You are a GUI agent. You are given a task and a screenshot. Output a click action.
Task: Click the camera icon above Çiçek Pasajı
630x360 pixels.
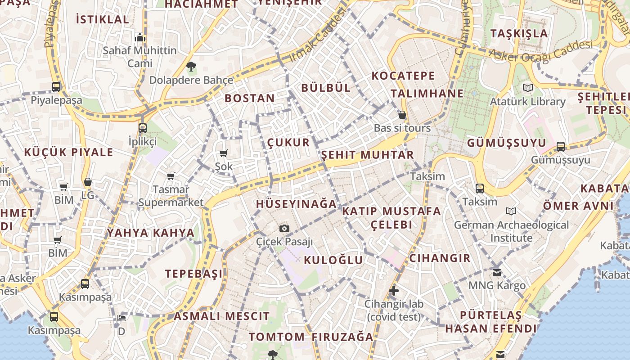(x=284, y=229)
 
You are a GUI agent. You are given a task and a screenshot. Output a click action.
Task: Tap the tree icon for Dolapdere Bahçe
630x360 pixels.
(x=191, y=67)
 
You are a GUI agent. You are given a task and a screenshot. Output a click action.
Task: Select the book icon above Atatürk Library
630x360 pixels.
(x=527, y=88)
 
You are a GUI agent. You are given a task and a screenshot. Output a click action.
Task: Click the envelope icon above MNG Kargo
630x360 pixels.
(x=497, y=272)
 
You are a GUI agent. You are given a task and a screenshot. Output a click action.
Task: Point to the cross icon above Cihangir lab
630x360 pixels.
(x=394, y=291)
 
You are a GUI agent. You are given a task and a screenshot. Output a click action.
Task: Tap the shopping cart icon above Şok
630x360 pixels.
(x=223, y=153)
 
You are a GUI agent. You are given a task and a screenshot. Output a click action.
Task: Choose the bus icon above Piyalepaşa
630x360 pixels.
(x=56, y=87)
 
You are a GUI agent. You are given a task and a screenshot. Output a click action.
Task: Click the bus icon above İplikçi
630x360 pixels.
(x=143, y=128)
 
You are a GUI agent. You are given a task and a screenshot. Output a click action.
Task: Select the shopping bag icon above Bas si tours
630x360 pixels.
(x=402, y=115)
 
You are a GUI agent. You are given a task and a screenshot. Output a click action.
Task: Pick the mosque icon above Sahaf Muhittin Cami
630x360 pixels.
(x=139, y=37)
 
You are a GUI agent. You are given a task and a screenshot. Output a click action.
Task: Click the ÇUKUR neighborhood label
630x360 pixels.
(x=288, y=143)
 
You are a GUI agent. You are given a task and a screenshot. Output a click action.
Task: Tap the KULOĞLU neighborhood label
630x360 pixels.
(x=333, y=260)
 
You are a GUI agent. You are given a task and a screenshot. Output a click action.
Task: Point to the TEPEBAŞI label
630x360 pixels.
(x=193, y=274)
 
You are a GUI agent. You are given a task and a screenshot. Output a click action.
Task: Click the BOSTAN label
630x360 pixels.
(x=250, y=98)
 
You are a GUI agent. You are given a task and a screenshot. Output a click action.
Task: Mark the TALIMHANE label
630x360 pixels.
(x=427, y=93)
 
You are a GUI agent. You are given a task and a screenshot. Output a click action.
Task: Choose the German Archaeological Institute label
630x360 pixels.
(x=511, y=231)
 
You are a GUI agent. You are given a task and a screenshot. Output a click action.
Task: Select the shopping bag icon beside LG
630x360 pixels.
(x=88, y=182)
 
